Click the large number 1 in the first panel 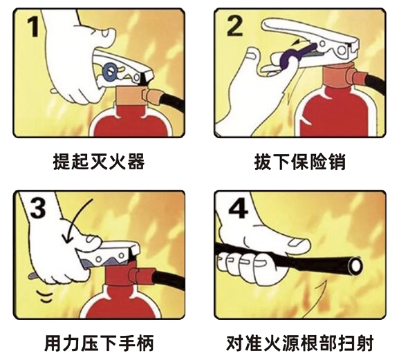(x=33, y=27)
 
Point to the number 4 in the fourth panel (x=238, y=209)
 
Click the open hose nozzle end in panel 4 (x=355, y=266)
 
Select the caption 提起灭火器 (x=99, y=162)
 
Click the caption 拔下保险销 (x=300, y=162)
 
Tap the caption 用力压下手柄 (x=99, y=343)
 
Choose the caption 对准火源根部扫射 (x=300, y=343)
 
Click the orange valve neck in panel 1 (x=131, y=95)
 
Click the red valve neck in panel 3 (x=120, y=275)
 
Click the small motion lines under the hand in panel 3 (x=45, y=296)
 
